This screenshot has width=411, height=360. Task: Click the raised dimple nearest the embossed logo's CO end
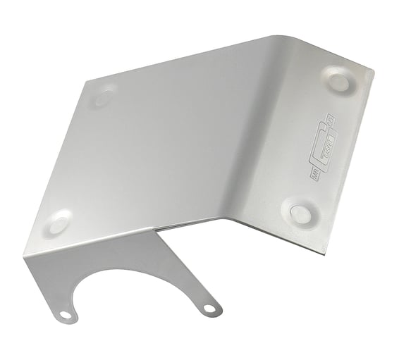[x=338, y=81]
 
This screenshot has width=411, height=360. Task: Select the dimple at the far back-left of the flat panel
[x=103, y=97]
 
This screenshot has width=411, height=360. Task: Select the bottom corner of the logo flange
[x=323, y=253]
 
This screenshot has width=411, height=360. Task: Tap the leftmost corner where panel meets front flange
[x=25, y=256]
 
